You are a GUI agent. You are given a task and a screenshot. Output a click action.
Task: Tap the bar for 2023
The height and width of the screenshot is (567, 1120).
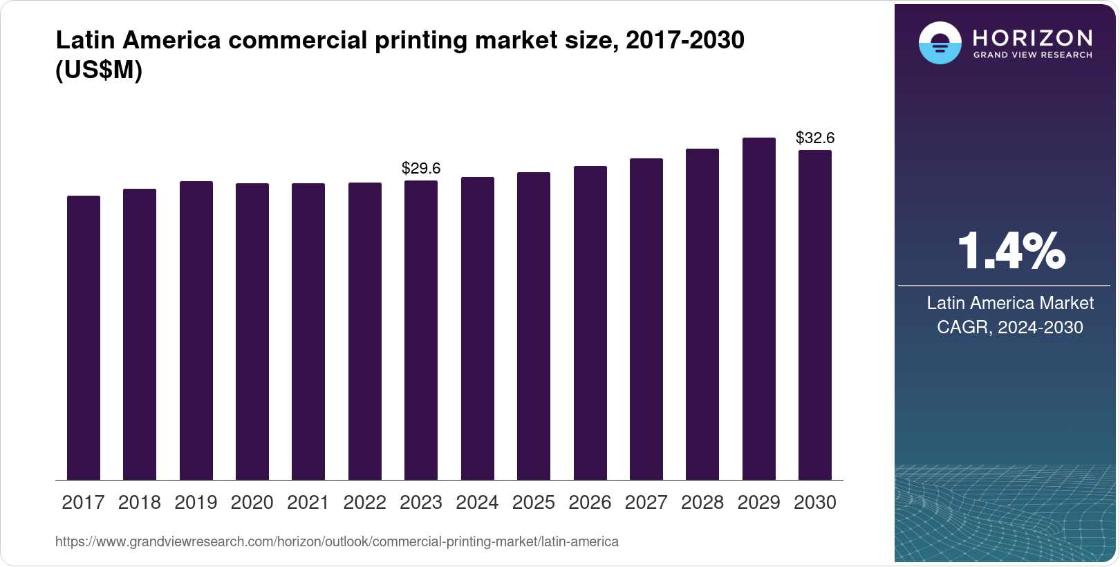[421, 330]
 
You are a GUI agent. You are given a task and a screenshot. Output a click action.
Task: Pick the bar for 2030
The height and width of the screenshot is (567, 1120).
[815, 315]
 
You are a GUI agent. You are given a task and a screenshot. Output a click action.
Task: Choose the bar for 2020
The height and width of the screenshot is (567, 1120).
[252, 331]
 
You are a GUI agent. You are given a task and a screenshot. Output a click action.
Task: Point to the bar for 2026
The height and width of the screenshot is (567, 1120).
[590, 323]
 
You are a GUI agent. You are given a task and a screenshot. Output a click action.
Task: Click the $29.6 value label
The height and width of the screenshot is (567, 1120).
[421, 168]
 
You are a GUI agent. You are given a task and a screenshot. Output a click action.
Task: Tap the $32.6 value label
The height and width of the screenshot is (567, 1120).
[815, 138]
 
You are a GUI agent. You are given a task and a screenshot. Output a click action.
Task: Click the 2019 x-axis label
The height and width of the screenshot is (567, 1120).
[196, 503]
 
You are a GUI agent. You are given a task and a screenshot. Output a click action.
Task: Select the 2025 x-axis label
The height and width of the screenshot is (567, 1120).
[534, 503]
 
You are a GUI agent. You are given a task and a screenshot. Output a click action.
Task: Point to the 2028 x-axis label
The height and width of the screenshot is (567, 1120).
[702, 503]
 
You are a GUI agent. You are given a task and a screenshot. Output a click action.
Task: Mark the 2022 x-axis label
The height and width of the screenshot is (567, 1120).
[364, 503]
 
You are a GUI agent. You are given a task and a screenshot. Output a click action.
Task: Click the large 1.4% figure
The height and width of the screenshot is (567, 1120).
[1011, 252]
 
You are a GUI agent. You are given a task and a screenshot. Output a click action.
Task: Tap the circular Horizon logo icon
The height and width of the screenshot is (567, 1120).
[940, 43]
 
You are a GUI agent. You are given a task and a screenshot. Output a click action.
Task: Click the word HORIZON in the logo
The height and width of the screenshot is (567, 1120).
[1032, 37]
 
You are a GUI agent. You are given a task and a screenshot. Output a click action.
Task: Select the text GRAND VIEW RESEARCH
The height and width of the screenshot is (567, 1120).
[1032, 55]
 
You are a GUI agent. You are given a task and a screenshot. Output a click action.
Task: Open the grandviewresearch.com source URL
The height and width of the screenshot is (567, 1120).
[337, 541]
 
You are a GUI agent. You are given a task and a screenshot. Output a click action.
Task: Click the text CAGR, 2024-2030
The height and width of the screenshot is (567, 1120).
[1009, 327]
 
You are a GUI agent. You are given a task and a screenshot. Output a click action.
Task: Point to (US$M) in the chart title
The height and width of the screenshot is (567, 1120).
[99, 70]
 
